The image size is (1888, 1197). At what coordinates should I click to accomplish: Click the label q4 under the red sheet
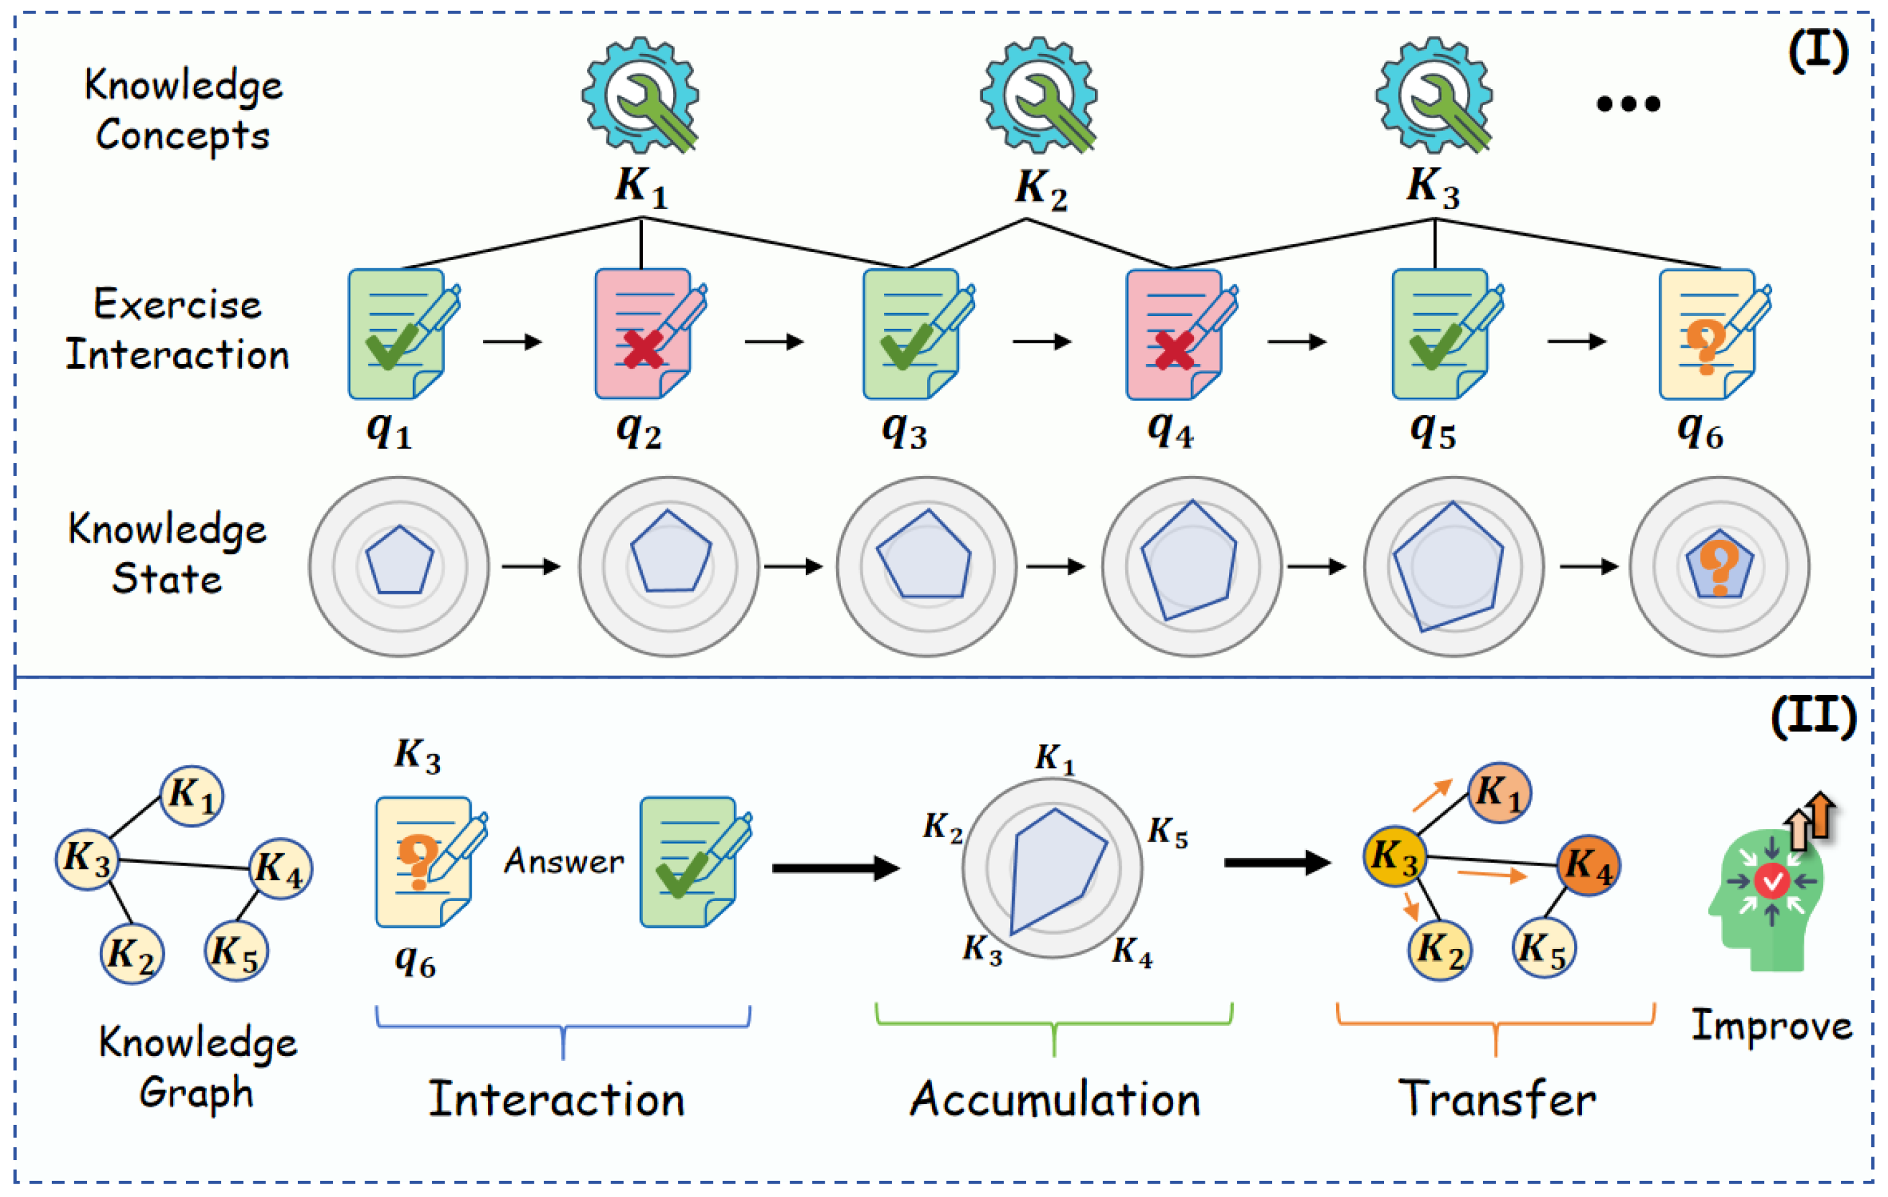tap(1170, 431)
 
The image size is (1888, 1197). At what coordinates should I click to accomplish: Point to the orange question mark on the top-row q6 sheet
tap(1705, 346)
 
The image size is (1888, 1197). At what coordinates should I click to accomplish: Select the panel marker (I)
tap(1817, 53)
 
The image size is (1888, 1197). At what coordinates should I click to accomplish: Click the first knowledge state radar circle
tap(399, 565)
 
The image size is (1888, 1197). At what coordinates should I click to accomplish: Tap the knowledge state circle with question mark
tap(1719, 565)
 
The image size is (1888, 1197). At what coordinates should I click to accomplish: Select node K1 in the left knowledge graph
tap(191, 795)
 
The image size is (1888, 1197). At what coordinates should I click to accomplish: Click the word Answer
tap(564, 861)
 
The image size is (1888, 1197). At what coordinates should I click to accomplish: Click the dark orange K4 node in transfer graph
tap(1588, 865)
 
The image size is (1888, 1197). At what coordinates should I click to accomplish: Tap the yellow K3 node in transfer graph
tap(1395, 857)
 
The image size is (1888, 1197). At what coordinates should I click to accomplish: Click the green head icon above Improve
tap(1768, 898)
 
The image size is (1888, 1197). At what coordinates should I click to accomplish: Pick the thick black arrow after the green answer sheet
tap(835, 867)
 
